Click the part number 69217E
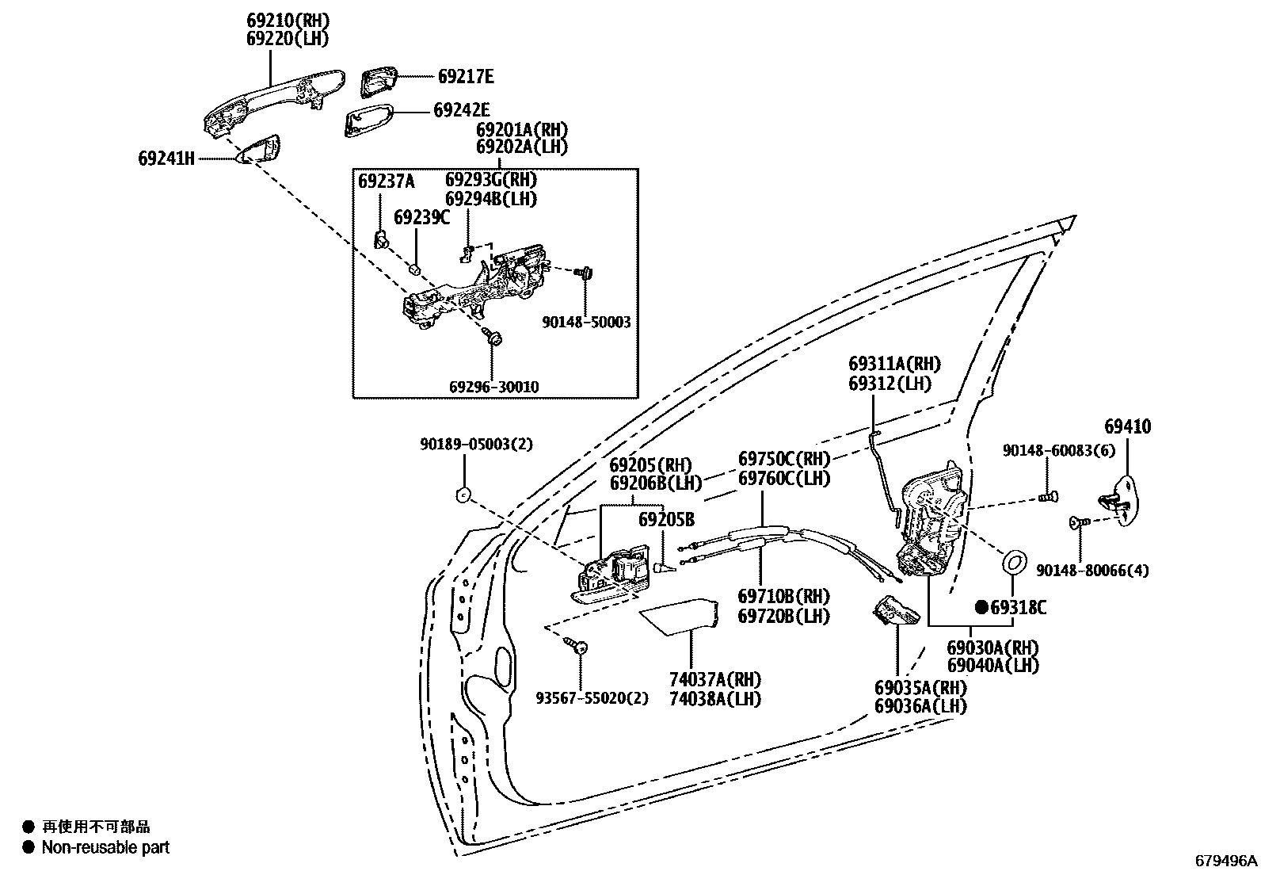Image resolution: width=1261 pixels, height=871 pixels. tap(465, 76)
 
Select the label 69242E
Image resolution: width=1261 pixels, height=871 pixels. tap(461, 111)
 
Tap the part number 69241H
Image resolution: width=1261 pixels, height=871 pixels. tap(166, 159)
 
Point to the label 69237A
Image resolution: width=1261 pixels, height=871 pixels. tap(386, 181)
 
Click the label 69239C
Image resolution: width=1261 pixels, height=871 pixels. tap(421, 217)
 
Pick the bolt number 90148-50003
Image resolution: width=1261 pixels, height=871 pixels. tap(586, 323)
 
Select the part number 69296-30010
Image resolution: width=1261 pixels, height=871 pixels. tap(493, 387)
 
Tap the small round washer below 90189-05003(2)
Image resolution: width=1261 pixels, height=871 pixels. tap(462, 495)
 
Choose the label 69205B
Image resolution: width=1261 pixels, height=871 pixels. tap(666, 520)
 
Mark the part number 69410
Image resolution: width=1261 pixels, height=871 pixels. tap(1127, 426)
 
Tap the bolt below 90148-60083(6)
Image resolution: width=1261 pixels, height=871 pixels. tap(1046, 498)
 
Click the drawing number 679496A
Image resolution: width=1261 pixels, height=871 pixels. tap(1226, 861)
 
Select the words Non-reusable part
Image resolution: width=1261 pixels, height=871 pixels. tap(105, 847)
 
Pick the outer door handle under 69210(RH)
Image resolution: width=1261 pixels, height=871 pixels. tap(273, 99)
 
